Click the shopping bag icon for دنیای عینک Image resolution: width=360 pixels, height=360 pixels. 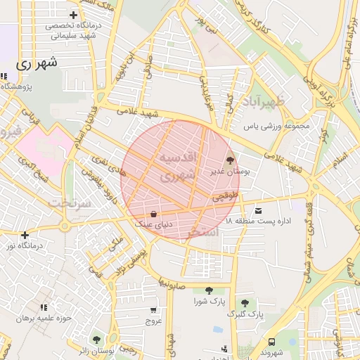click(153, 214)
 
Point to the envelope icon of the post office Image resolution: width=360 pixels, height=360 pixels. click(259, 211)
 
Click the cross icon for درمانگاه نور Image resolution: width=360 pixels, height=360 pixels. click(25, 235)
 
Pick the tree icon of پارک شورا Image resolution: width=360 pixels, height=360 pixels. click(209, 290)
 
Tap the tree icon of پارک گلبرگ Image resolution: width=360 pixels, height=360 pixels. click(245, 303)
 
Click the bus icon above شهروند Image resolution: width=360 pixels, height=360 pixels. click(272, 341)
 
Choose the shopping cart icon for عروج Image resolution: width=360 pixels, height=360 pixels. click(153, 309)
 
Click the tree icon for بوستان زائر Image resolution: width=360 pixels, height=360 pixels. click(97, 340)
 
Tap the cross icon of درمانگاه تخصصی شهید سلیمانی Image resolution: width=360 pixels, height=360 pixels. click(74, 15)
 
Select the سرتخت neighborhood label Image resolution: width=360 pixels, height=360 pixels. click(71, 202)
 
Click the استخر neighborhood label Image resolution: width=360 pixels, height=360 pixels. click(204, 231)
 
